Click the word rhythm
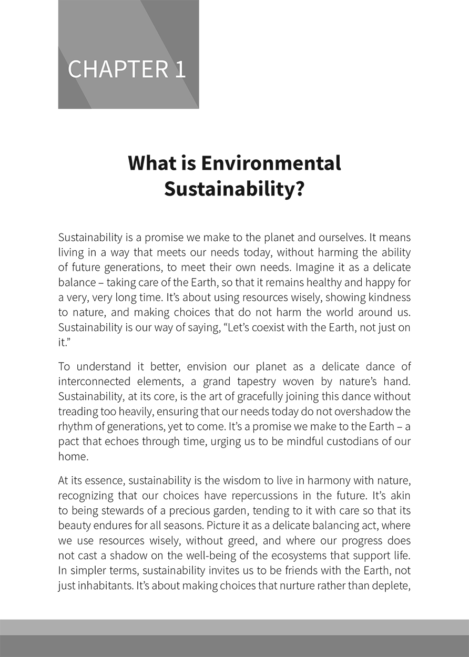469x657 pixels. point(74,426)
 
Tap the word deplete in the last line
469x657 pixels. point(390,586)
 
